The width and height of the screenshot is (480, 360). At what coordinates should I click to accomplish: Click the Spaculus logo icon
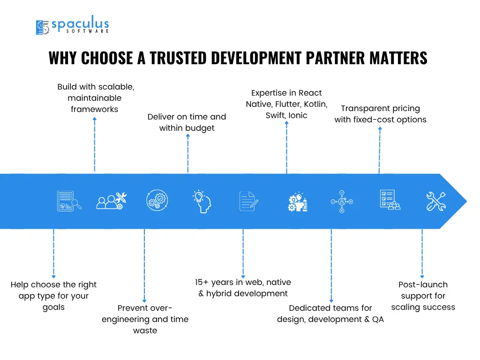click(43, 27)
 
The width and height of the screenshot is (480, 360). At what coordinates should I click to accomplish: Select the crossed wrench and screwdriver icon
click(436, 201)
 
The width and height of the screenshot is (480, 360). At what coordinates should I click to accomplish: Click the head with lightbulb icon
click(202, 201)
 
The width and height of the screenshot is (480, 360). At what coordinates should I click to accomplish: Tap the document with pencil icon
click(248, 201)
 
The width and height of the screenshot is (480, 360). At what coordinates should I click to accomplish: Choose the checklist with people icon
click(390, 200)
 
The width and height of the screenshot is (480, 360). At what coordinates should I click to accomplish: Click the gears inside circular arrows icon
click(157, 200)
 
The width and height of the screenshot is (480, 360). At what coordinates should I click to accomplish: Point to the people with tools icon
click(112, 201)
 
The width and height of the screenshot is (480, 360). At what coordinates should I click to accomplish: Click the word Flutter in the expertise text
click(288, 104)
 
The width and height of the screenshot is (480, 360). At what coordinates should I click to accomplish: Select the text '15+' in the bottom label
click(202, 282)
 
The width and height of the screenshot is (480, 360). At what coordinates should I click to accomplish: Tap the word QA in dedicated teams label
click(378, 319)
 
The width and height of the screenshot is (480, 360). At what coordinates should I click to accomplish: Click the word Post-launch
click(423, 285)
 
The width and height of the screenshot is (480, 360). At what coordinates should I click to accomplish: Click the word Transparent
click(365, 108)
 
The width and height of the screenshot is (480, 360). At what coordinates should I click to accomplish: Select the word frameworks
click(94, 109)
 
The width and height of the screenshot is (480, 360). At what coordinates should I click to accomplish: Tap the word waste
click(145, 330)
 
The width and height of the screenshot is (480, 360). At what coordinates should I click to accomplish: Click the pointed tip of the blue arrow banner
click(467, 201)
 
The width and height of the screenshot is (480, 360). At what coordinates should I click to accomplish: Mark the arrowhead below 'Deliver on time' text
click(188, 135)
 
